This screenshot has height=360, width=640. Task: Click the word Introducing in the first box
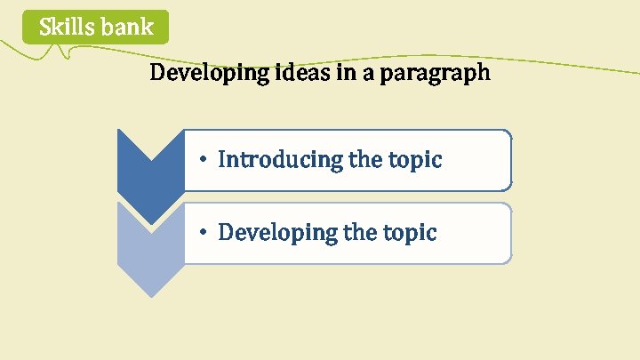click(280, 160)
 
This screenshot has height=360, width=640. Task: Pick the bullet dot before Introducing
click(204, 161)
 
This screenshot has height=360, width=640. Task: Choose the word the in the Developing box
click(360, 233)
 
